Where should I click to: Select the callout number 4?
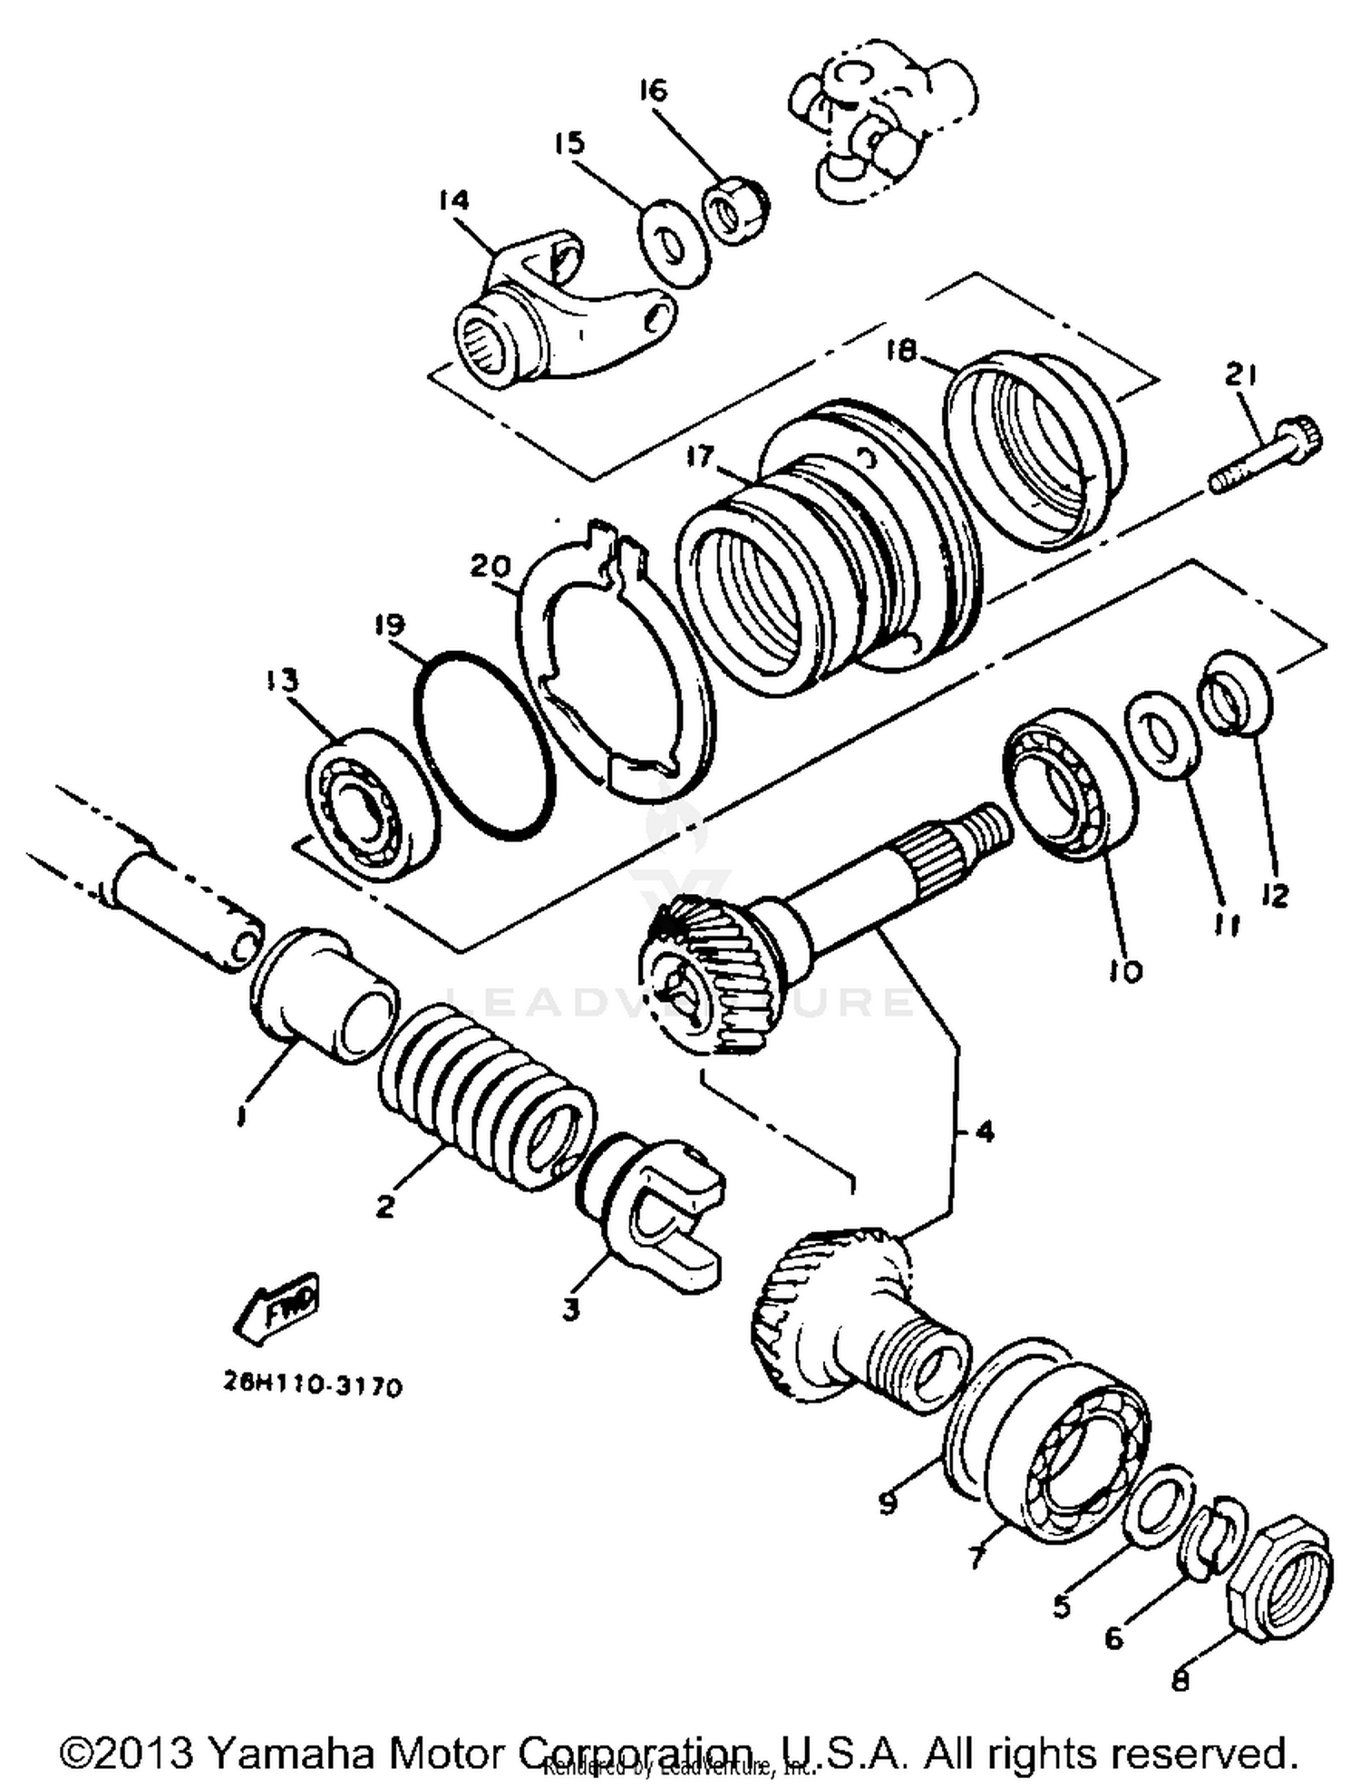[x=985, y=1131]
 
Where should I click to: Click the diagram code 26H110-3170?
[x=311, y=1386]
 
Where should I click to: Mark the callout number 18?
[x=901, y=351]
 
